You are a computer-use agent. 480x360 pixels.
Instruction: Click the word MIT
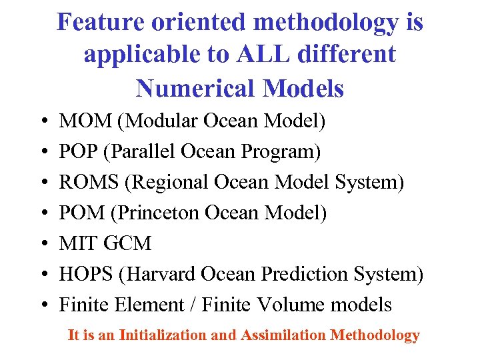pyautogui.click(x=74, y=244)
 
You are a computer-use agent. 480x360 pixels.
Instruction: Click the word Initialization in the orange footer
pyautogui.click(x=163, y=335)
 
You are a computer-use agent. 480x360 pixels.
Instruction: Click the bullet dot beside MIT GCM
pyautogui.click(x=43, y=245)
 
